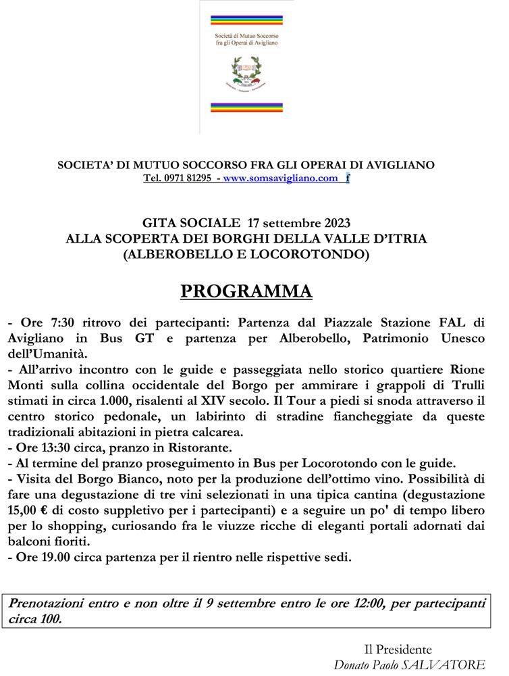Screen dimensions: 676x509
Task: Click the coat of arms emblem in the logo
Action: point(246,74)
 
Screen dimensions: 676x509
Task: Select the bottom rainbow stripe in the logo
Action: point(246,106)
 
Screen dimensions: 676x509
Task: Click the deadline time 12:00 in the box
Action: point(360,602)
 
